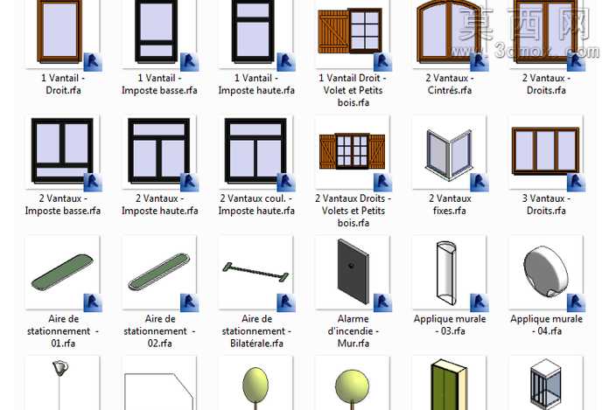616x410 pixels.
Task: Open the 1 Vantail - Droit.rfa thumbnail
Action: coord(60,31)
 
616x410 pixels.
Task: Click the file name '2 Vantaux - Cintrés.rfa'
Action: coord(450,84)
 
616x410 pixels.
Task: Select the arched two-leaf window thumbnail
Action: coord(449,31)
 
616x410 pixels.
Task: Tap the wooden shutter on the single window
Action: coord(333,31)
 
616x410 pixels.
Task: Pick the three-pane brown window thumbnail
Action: coord(545,151)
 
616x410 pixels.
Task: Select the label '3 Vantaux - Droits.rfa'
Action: coord(546,205)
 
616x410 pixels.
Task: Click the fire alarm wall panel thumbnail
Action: coord(353,272)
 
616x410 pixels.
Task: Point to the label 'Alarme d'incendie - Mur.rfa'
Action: coord(353,330)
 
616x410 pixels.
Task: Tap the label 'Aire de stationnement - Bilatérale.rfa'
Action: coord(256,330)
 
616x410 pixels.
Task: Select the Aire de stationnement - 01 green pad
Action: coord(62,272)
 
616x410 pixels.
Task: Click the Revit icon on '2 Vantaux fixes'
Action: coord(479,183)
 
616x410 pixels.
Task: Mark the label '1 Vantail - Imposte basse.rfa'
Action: coord(159,84)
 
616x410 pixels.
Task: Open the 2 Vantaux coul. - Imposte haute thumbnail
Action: coord(255,150)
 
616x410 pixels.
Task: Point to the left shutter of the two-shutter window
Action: coord(327,151)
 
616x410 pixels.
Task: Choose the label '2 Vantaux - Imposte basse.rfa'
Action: coord(63,205)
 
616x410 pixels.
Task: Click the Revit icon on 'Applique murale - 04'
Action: coord(576,302)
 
